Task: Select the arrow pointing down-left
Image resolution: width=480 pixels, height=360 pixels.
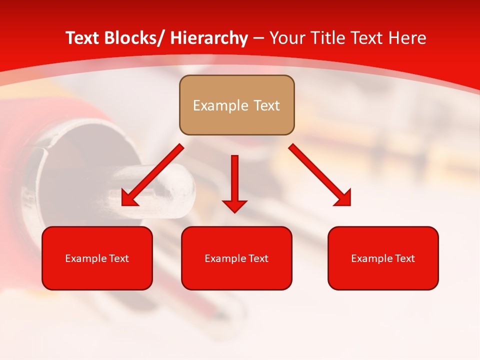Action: click(152, 175)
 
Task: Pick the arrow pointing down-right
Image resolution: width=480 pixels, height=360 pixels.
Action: click(320, 175)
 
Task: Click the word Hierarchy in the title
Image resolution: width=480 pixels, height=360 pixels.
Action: click(209, 38)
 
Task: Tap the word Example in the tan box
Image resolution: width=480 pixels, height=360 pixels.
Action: click(220, 105)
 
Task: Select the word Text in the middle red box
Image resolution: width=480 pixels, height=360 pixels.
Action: click(258, 258)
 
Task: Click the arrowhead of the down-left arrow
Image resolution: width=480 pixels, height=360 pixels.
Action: click(129, 199)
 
